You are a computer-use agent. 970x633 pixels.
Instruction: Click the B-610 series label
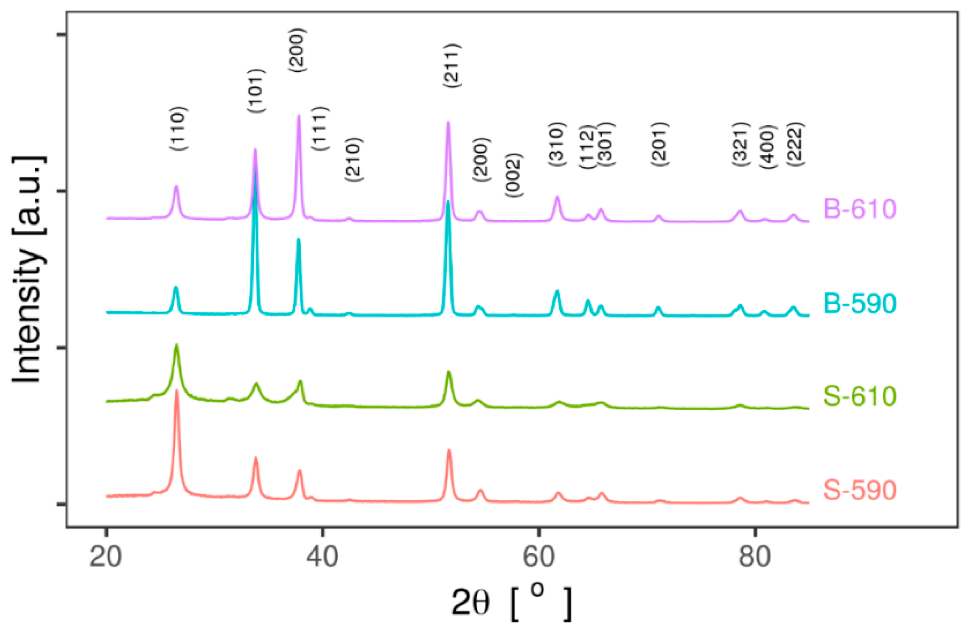[x=860, y=209]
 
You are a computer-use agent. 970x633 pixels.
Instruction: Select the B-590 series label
[x=860, y=303]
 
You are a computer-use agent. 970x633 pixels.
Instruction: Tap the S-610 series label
[x=860, y=396]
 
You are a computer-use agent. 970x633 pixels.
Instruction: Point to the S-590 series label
[x=860, y=490]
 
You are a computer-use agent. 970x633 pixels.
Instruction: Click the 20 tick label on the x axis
[x=106, y=557]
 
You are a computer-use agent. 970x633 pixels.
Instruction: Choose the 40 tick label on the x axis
[x=322, y=557]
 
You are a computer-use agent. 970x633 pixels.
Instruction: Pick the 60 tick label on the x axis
[x=539, y=557]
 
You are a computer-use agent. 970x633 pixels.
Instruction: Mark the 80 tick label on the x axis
[x=755, y=557]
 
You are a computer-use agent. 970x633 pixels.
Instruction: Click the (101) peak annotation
[x=256, y=91]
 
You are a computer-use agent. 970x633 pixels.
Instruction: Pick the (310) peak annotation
[x=557, y=144]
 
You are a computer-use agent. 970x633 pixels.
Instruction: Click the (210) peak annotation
[x=353, y=160]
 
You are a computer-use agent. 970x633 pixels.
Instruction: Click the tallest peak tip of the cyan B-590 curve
[x=255, y=172]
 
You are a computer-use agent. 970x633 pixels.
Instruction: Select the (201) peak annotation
[x=659, y=144]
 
